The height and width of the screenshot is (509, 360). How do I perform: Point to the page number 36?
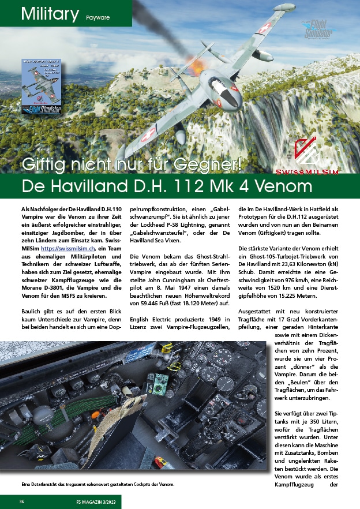[x=21, y=501]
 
